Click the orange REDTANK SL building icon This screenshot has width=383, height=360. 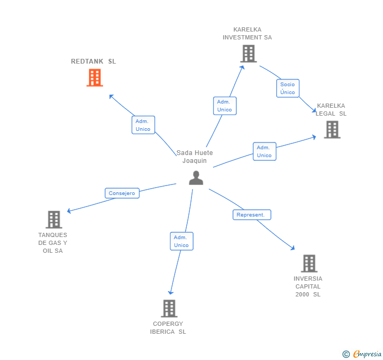click(x=95, y=78)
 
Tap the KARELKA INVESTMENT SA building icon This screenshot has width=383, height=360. click(x=248, y=54)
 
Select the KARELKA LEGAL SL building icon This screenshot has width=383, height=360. click(x=332, y=129)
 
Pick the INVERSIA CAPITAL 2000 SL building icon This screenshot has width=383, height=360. click(x=309, y=263)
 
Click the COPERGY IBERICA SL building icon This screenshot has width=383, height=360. click(x=169, y=308)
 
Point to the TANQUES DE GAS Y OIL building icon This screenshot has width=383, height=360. click(x=54, y=220)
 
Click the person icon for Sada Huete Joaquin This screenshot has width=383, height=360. click(x=196, y=178)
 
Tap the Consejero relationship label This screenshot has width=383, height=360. click(x=122, y=193)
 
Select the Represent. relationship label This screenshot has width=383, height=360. click(x=252, y=215)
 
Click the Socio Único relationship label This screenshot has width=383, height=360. click(x=288, y=88)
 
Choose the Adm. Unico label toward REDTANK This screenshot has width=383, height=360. click(x=143, y=125)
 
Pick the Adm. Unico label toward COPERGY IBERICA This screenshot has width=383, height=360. click(x=182, y=241)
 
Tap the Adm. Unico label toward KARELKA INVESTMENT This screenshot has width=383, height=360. click(x=225, y=106)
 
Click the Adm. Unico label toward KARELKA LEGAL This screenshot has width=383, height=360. click(x=264, y=151)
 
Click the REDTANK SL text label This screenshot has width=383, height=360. click(x=94, y=61)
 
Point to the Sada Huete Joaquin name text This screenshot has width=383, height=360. click(x=195, y=157)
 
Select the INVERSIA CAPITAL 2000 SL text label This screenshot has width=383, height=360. click(x=308, y=286)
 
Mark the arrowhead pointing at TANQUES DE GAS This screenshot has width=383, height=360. click(x=69, y=211)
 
